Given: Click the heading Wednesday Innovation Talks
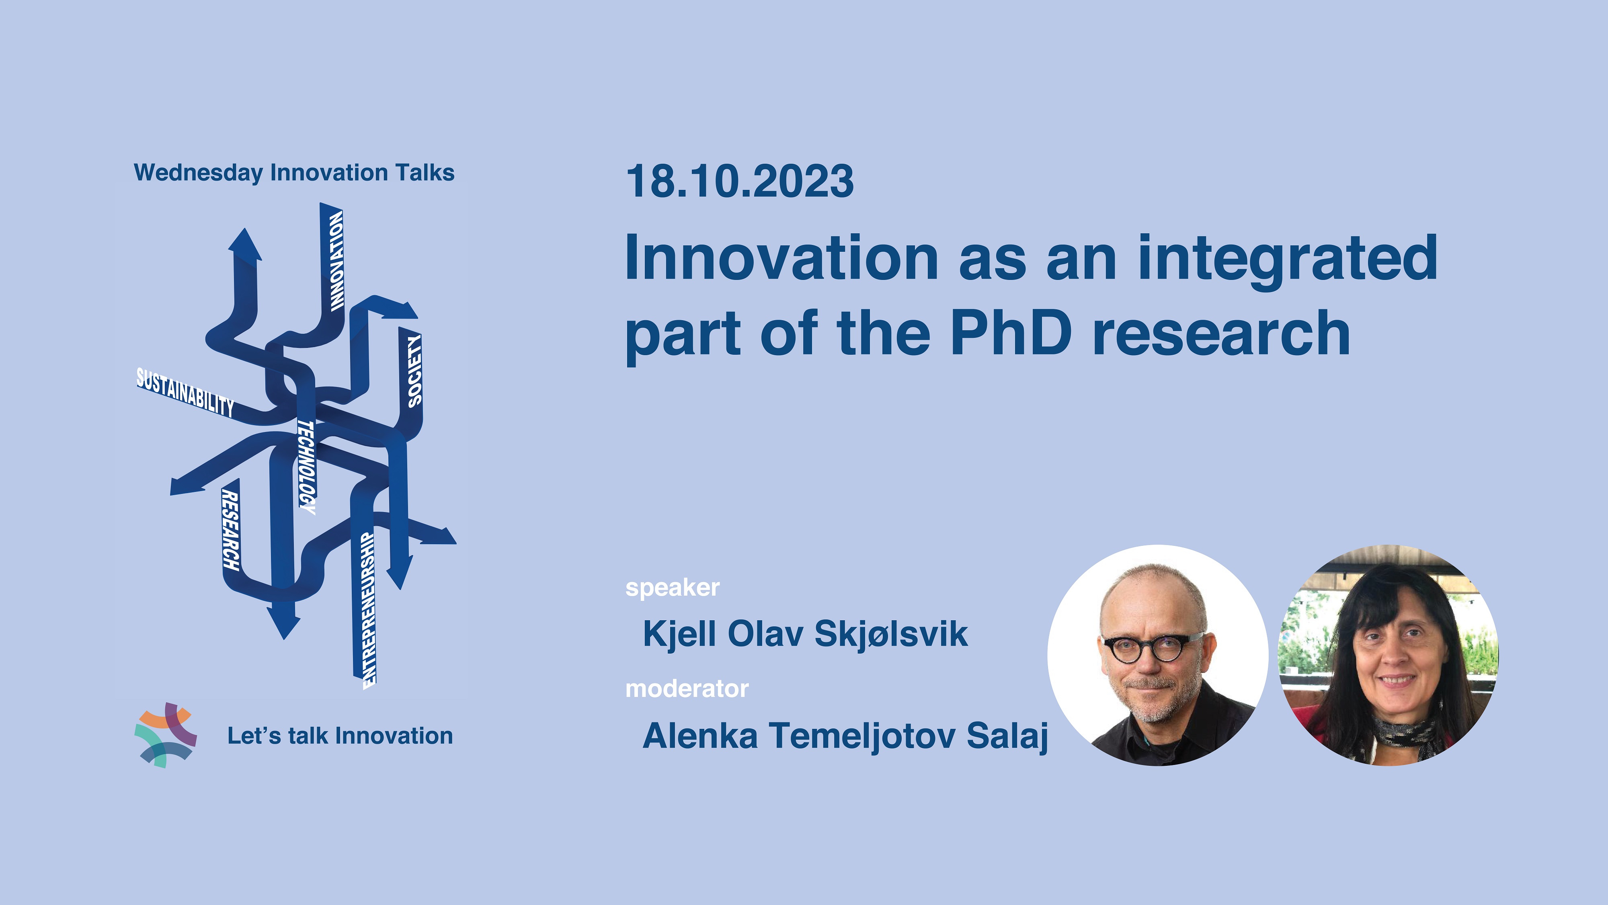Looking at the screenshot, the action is click(x=294, y=173).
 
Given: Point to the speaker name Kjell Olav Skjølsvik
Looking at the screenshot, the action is click(x=805, y=634).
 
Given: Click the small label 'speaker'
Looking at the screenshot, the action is click(x=672, y=588).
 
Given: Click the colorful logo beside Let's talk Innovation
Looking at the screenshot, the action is click(x=165, y=735).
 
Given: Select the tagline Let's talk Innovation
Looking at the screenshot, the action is click(x=340, y=736).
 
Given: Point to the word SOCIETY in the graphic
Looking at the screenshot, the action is click(x=414, y=371).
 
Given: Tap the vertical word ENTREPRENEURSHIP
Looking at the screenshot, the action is click(x=369, y=610).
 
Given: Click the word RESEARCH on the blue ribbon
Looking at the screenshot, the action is click(x=230, y=531).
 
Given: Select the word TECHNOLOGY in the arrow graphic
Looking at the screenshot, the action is click(x=306, y=467).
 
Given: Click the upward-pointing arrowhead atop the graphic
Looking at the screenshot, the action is click(x=245, y=244).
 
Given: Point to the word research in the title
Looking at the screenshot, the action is click(x=1222, y=334).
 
